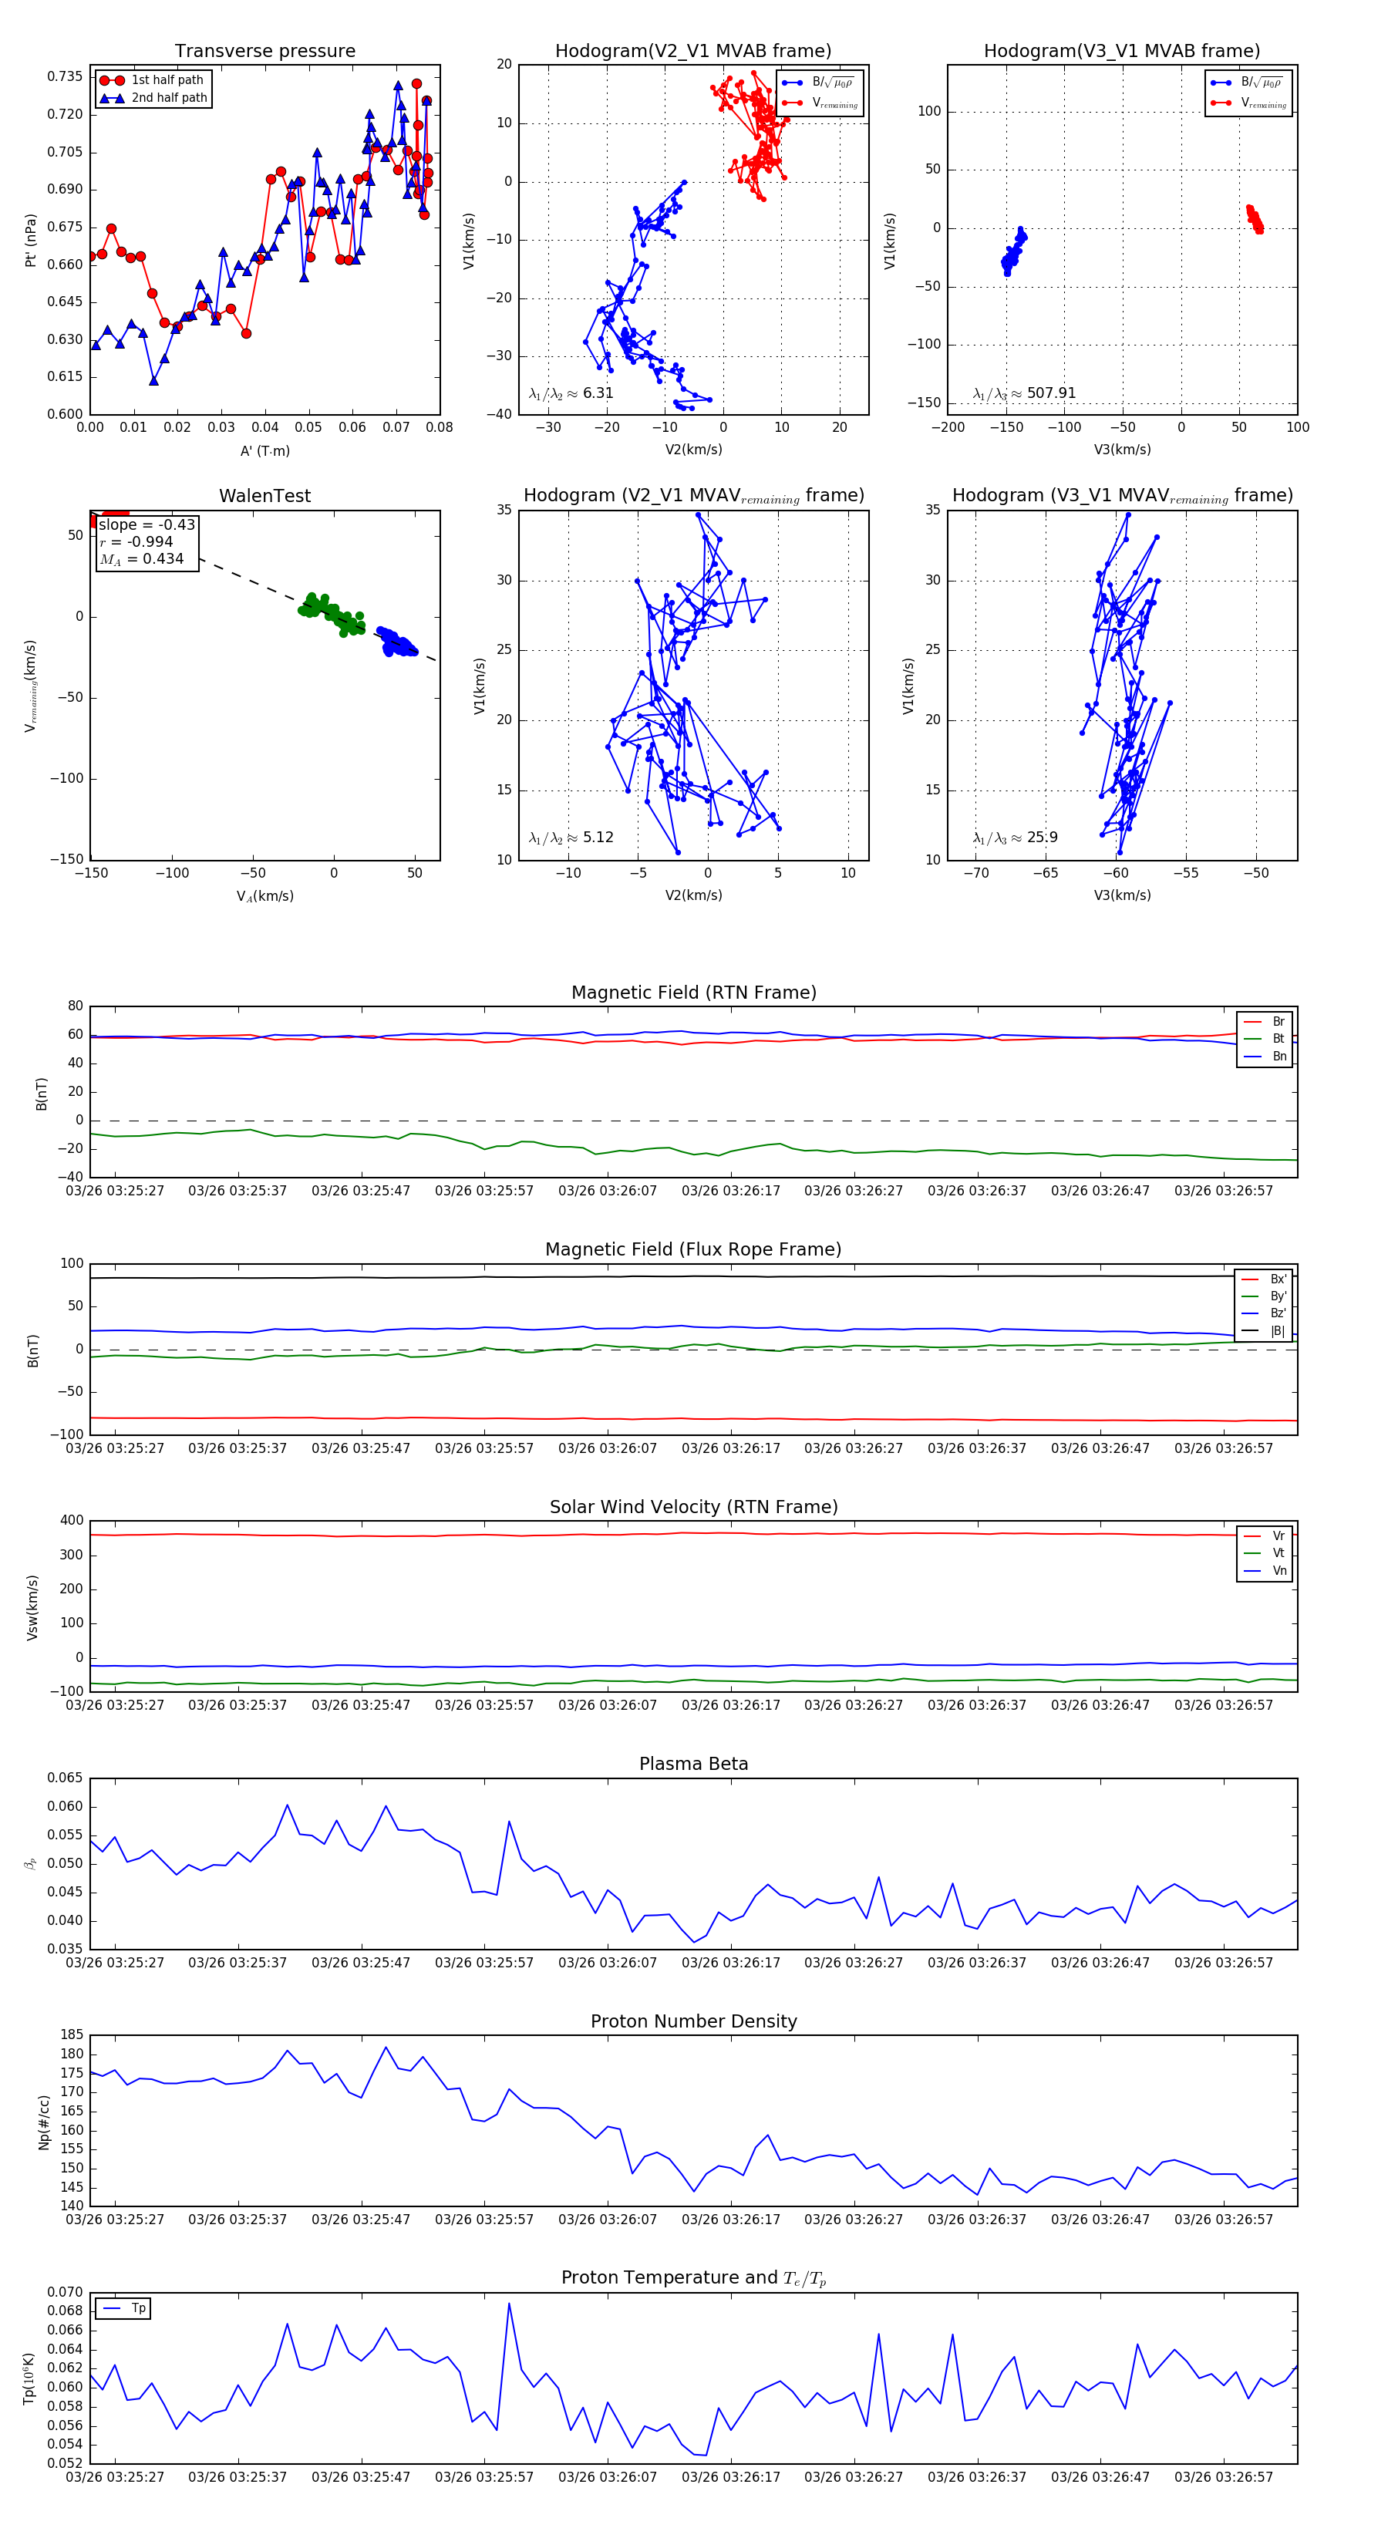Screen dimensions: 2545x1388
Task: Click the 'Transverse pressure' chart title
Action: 264,52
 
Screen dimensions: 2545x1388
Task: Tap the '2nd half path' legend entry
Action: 169,98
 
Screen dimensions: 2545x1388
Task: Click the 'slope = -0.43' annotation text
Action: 147,524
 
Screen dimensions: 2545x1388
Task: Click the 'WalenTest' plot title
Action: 264,496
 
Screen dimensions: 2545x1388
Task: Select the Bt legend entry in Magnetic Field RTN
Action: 1278,1038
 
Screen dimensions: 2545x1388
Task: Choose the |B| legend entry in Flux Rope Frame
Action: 1278,1331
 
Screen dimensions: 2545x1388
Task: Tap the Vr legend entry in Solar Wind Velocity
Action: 1279,1536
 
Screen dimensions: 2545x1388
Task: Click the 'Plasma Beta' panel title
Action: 693,1764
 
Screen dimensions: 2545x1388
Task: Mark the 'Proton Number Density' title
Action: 693,2021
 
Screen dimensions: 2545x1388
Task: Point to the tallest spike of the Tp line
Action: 509,2304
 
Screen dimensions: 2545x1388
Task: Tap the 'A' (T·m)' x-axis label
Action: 264,450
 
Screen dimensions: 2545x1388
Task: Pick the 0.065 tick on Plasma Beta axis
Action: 66,1778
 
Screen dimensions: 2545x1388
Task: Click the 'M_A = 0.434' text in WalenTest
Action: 141,559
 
